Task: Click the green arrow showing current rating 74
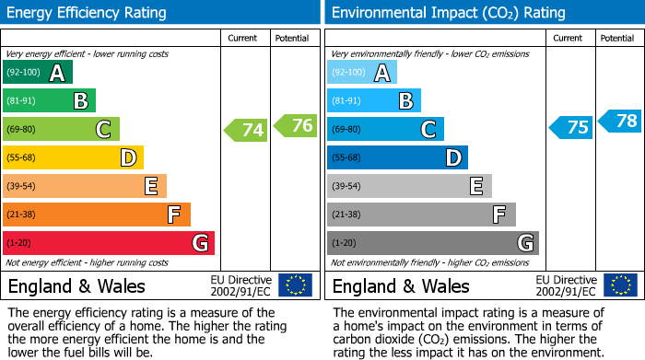(246, 130)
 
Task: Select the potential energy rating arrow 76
(296, 125)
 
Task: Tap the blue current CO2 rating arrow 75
(571, 127)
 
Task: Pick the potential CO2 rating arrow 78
(620, 120)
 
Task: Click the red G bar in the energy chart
(109, 243)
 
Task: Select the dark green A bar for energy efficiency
(38, 73)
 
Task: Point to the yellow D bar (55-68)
(73, 157)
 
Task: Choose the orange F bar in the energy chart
(97, 215)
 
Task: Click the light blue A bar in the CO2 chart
(362, 73)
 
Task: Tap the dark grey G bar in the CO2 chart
(432, 243)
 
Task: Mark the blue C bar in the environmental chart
(385, 129)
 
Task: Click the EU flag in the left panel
(295, 285)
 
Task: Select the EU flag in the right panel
(620, 285)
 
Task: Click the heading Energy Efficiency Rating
(88, 13)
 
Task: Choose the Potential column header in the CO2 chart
(617, 38)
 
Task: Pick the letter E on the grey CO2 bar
(475, 186)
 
